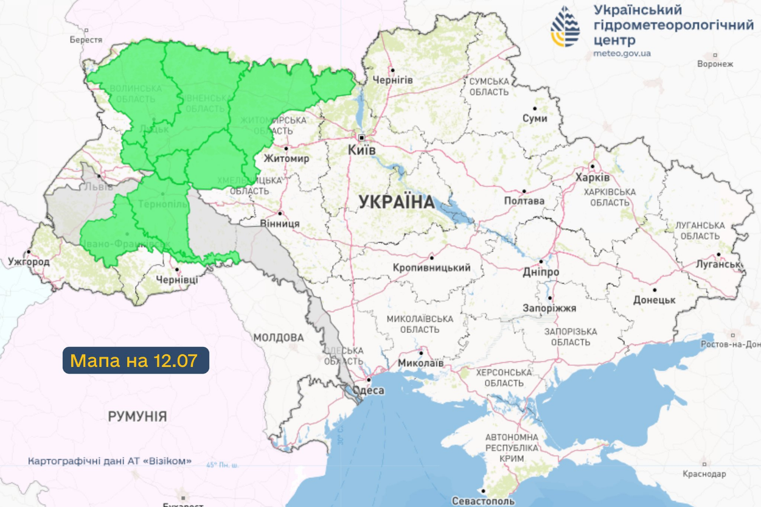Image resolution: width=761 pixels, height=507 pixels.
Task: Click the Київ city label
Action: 361,150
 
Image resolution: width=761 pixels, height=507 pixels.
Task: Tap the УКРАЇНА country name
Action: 396,202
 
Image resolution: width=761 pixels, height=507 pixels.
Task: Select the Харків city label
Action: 592,178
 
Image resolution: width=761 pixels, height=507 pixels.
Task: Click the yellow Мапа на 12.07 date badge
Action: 136,360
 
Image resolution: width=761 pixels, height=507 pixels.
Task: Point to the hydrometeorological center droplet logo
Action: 565,27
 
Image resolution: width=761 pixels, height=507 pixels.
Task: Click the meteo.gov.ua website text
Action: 622,54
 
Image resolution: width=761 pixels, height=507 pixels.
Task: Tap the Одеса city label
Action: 368,391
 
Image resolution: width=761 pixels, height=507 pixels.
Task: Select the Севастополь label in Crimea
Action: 483,501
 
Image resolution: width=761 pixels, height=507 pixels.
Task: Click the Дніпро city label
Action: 541,272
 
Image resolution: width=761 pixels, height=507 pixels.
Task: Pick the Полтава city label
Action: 524,201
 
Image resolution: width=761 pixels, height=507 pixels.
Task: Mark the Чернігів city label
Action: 392,80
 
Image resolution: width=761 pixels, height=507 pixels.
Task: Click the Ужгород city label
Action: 29,262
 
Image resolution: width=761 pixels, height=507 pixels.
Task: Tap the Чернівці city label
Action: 176,279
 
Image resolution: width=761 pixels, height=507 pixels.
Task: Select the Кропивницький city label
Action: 432,268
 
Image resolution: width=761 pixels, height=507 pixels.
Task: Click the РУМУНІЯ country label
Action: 137,417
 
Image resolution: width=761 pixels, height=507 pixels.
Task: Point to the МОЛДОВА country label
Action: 279,337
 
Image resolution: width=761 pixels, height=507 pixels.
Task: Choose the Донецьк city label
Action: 654,300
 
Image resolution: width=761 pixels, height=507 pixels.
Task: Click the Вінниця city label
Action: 280,223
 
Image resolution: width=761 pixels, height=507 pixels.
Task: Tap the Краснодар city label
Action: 704,474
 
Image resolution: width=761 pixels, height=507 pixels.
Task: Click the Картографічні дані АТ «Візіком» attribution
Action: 110,461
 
